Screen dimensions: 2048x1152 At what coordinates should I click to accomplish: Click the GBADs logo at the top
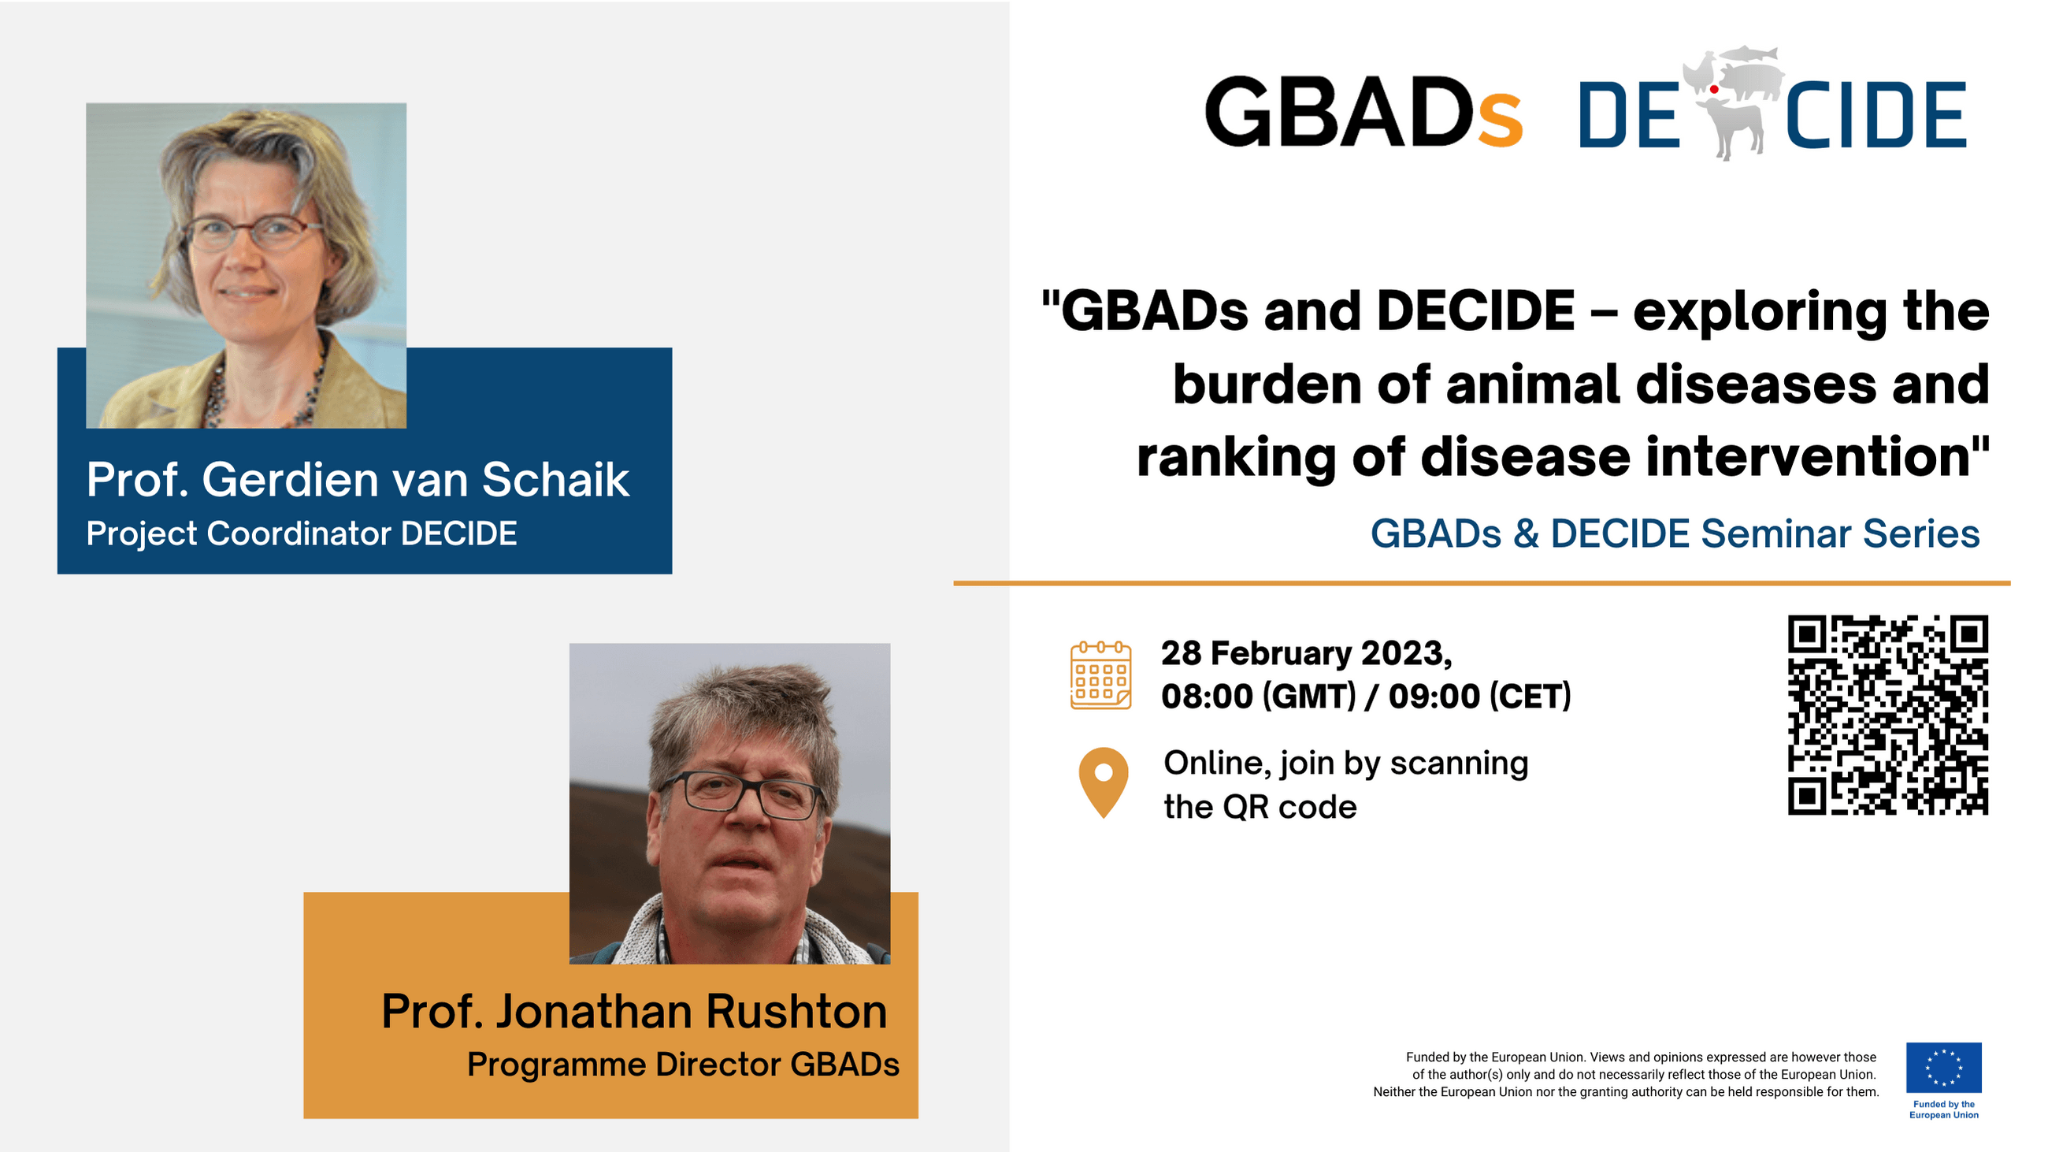(x=1363, y=111)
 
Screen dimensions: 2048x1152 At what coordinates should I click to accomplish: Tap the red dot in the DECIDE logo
(x=1714, y=90)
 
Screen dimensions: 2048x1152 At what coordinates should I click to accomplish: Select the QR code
(x=1888, y=715)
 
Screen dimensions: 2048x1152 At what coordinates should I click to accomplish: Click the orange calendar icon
(x=1101, y=675)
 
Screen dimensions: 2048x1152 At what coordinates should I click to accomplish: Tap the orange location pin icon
(x=1104, y=782)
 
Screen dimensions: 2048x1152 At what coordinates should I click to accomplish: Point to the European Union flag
(x=1944, y=1068)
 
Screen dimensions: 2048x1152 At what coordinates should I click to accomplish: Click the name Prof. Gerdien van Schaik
(x=358, y=479)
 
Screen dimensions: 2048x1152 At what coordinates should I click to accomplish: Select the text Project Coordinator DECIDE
(x=302, y=533)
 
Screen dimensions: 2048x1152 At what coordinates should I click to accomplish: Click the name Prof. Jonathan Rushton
(x=634, y=1011)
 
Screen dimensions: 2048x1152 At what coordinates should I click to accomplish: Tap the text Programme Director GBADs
(x=683, y=1065)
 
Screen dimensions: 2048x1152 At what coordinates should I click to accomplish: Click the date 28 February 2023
(x=1306, y=653)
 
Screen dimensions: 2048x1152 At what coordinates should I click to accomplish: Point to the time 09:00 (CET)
(x=1480, y=697)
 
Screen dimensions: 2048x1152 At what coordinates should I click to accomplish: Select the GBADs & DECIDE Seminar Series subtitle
(x=1675, y=533)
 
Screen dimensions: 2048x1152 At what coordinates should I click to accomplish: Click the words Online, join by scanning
(x=1346, y=764)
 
